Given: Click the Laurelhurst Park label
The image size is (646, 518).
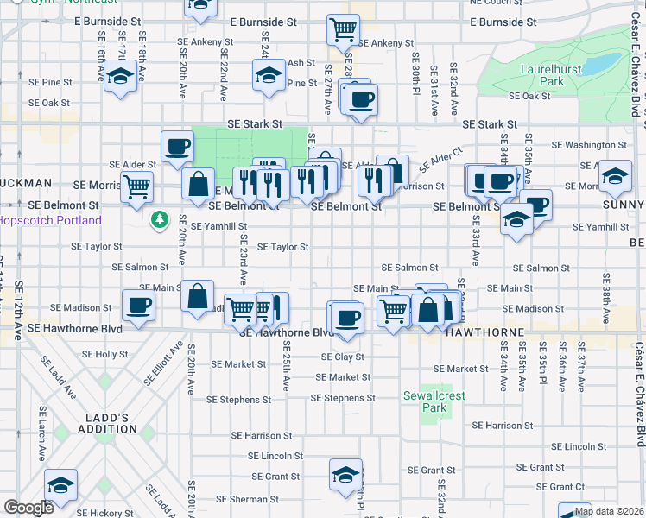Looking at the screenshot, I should coord(541,75).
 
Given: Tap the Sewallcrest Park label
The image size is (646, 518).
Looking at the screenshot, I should coord(427,401).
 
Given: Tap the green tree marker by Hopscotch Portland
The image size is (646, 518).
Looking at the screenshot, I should coord(159,220).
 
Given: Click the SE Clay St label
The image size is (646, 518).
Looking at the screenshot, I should coord(342,357).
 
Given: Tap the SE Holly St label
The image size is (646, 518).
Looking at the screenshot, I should coord(105,354).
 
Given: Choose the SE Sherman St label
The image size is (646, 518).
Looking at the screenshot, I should coord(245,499).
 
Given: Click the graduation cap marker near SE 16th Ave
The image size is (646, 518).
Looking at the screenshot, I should coord(122,78).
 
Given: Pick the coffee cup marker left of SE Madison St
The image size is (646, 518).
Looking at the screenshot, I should coord(138,305).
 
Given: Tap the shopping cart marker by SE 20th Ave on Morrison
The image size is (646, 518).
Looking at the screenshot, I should coord(136,186).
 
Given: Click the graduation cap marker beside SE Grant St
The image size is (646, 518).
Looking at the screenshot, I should coord(345,475).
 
